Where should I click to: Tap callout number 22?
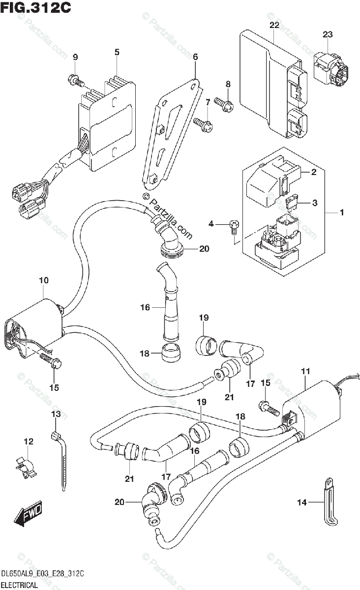coord(274,25)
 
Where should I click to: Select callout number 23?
coord(328,34)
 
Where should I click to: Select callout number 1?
coord(341,212)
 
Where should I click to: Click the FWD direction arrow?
coord(29,513)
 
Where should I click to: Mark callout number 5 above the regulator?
coord(117,52)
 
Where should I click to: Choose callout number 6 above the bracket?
coord(195,58)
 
